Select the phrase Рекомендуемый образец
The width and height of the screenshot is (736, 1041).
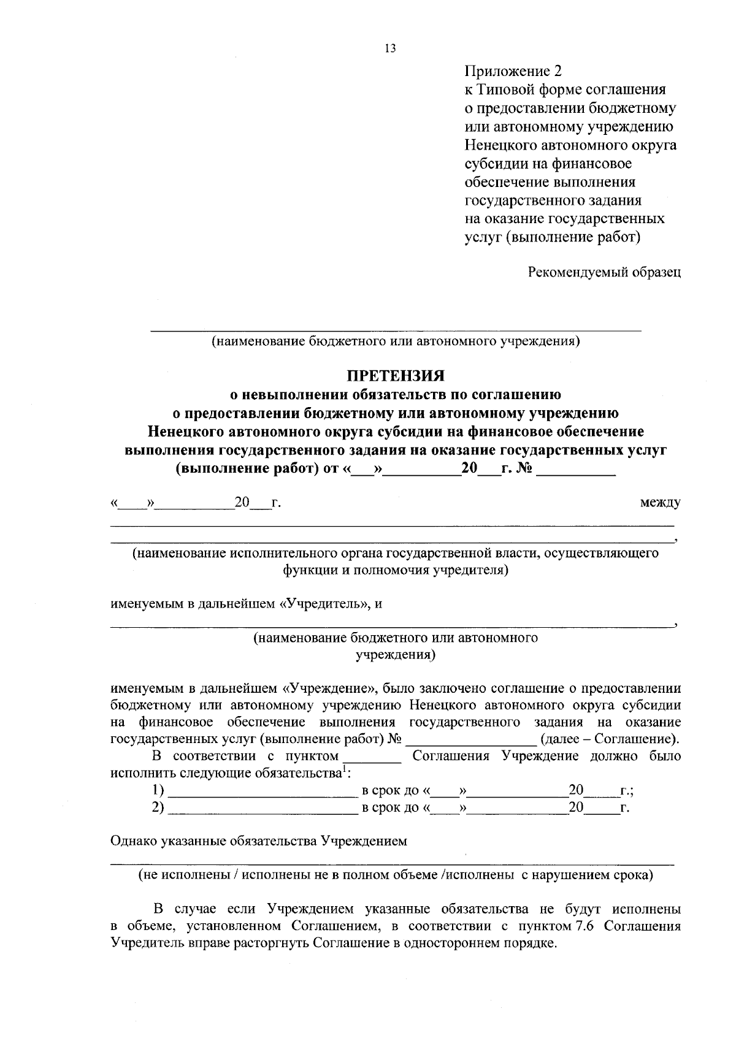[x=604, y=272]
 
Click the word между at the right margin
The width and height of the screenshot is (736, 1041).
[x=660, y=503]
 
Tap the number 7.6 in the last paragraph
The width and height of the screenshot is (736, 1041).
[x=581, y=925]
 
